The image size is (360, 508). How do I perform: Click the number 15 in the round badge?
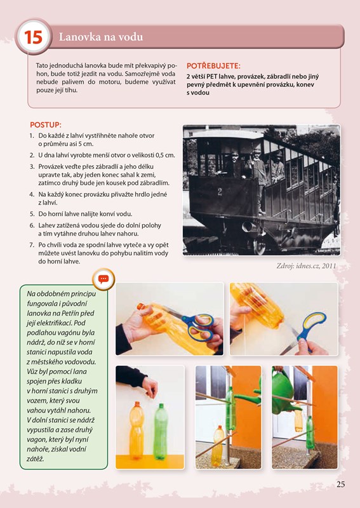[x=34, y=37]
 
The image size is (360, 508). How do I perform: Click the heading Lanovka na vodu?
[x=101, y=37]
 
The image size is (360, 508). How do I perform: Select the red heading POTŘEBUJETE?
[x=213, y=66]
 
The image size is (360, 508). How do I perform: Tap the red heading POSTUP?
[x=46, y=125]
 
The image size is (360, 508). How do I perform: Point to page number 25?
[x=340, y=485]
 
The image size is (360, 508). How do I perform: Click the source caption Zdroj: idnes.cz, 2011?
[x=306, y=266]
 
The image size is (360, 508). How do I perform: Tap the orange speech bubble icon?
[x=103, y=279]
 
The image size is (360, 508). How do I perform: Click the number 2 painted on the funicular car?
[x=220, y=192]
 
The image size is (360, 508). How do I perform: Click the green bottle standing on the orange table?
[x=161, y=431]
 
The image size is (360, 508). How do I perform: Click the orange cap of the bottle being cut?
[x=140, y=306]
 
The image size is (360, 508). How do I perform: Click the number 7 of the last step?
[x=32, y=245]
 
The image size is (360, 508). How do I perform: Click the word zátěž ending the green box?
[x=36, y=459]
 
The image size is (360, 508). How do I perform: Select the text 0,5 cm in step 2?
[x=165, y=155]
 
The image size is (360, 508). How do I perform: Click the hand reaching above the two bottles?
[x=150, y=387]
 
